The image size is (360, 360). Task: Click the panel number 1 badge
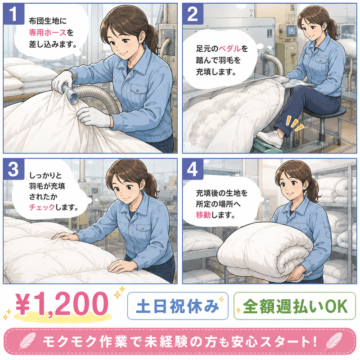point(14,14)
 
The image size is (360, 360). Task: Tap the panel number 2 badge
point(193,14)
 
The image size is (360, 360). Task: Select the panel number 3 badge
point(14,170)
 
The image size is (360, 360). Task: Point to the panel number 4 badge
point(193,170)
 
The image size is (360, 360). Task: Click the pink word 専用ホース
point(48,32)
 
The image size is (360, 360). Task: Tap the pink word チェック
point(42,207)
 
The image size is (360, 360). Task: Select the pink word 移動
point(203,215)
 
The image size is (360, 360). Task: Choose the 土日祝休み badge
point(178,306)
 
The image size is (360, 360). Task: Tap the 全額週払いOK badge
point(295,306)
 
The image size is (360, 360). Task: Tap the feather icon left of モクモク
point(27,342)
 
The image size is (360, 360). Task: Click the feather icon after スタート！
point(333,342)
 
